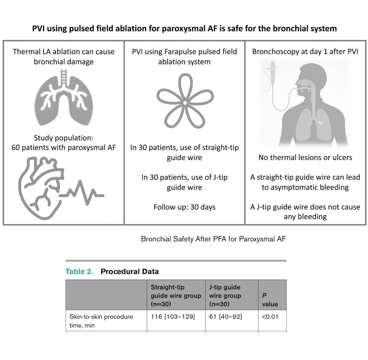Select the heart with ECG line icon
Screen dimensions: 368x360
click(x=58, y=187)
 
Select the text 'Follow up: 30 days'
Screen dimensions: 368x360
click(x=185, y=207)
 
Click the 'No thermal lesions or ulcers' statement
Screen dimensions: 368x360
click(x=305, y=158)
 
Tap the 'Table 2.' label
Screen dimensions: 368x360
click(x=79, y=272)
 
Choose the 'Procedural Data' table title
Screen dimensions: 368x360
click(x=130, y=272)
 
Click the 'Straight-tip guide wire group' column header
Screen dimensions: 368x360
click(x=176, y=296)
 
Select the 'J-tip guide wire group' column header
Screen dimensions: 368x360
click(x=225, y=296)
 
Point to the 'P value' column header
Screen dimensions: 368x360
click(x=270, y=300)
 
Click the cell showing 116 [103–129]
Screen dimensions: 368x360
click(x=173, y=317)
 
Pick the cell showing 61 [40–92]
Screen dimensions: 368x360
click(x=226, y=317)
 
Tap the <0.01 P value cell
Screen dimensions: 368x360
click(x=270, y=317)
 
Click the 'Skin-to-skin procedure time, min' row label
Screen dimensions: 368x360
click(x=101, y=321)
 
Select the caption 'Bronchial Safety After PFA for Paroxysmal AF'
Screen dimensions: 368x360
click(x=213, y=239)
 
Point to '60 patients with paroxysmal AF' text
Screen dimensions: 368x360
click(x=64, y=148)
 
